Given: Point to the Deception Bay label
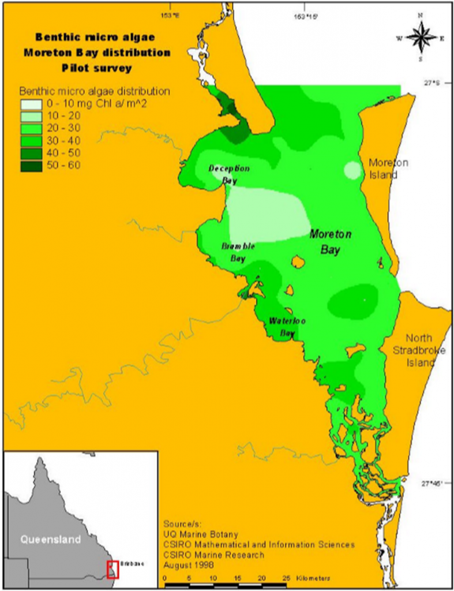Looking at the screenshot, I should point(229,174).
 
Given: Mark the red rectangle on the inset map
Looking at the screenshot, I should point(112,568).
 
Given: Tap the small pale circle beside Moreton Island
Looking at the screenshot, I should point(352,170).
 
